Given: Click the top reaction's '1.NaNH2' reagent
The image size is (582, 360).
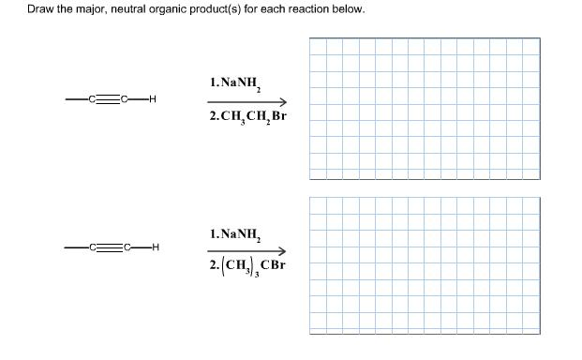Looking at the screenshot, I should click(x=238, y=82).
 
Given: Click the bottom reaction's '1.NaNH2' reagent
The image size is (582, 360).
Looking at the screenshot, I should click(x=238, y=233).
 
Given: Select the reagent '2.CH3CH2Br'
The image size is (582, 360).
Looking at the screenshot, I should click(x=246, y=118).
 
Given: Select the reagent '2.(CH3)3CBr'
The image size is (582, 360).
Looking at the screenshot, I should click(x=246, y=266).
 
